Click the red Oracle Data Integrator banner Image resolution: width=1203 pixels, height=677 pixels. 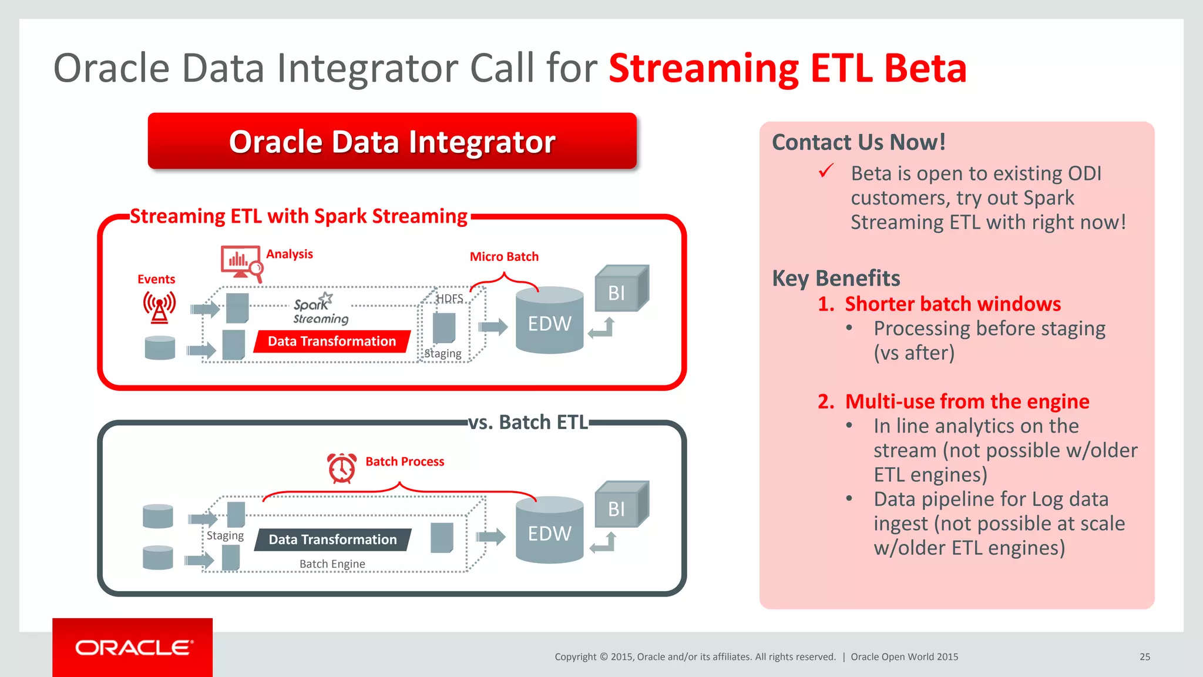(392, 142)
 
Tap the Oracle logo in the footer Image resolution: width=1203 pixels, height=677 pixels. (133, 648)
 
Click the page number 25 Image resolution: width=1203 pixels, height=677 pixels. (1144, 657)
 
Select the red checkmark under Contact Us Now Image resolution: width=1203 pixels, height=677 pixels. (826, 171)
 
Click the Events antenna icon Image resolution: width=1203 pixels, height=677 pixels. (159, 307)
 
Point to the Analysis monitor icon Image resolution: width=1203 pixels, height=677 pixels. (241, 261)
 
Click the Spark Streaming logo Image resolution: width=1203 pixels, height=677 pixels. (320, 309)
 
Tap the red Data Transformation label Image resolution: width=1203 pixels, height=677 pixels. (332, 341)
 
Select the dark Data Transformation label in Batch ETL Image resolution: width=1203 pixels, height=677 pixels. (332, 539)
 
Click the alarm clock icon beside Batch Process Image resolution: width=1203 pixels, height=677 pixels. (342, 468)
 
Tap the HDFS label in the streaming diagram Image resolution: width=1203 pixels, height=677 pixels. (450, 299)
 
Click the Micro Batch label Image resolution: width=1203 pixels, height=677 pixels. (504, 257)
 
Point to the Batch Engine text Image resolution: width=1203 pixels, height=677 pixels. (332, 564)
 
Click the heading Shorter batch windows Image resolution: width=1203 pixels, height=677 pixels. (952, 304)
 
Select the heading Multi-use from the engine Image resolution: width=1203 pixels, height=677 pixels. (966, 402)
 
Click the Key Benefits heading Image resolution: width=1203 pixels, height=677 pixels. (835, 278)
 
